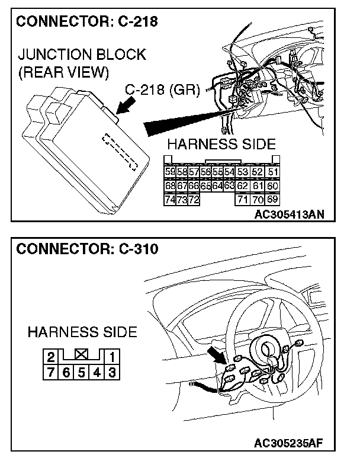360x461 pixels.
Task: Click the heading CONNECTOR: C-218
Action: (86, 23)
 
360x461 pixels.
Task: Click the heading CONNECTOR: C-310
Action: (87, 249)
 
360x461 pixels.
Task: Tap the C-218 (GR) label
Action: (164, 91)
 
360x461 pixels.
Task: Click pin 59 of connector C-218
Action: (170, 172)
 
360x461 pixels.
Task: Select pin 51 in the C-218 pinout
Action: (273, 172)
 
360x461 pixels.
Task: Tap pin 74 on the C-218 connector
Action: (170, 200)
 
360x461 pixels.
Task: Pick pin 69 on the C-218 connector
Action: (273, 200)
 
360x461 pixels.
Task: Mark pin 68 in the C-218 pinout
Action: (170, 186)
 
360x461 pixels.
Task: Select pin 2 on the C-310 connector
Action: (52, 357)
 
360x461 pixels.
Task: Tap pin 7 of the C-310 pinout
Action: (52, 372)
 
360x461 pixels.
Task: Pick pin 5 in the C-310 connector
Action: (82, 372)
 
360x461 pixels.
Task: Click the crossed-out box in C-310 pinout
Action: (81, 357)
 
